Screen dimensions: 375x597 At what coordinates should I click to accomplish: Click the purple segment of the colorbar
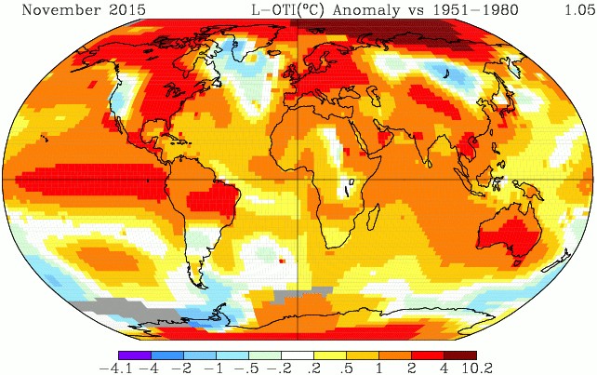tap(135, 354)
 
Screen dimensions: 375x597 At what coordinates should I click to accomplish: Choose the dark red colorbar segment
tap(459, 354)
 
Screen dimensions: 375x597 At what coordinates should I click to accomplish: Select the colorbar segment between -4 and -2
tap(167, 354)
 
